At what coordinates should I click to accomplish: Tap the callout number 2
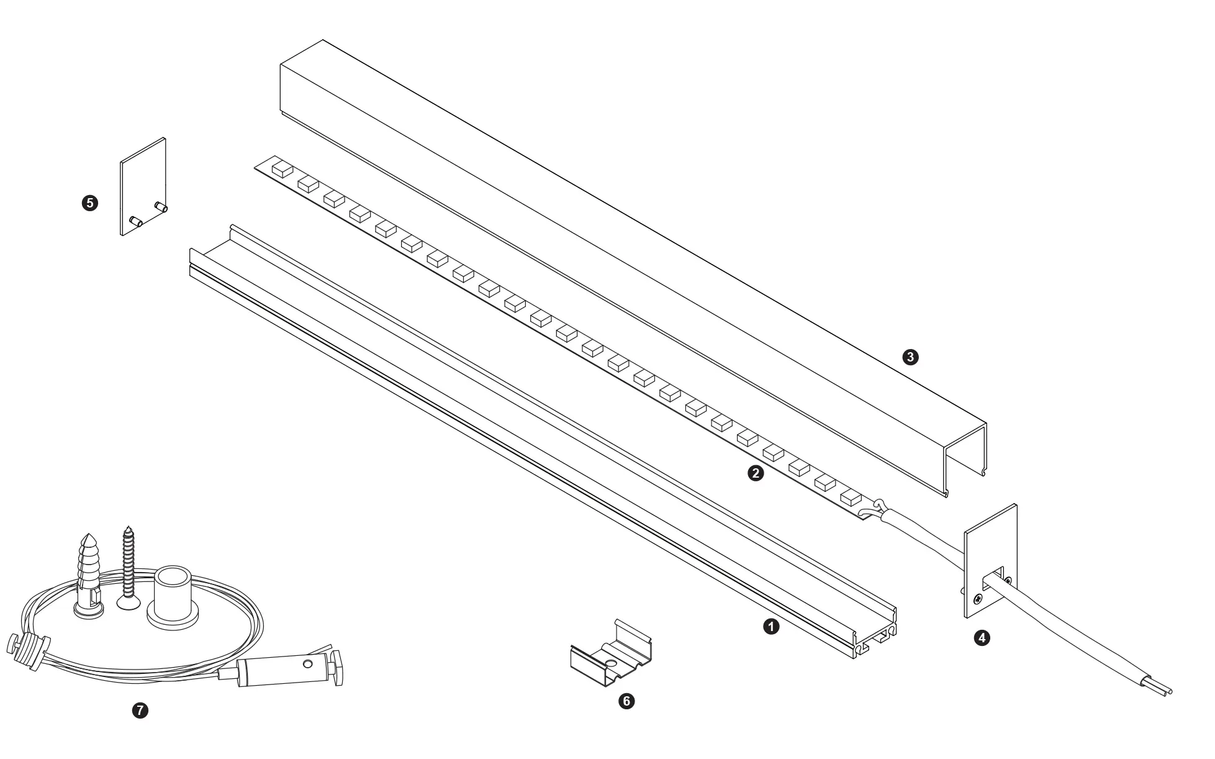tap(756, 473)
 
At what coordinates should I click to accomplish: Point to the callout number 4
tap(982, 637)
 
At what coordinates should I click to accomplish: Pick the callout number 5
tap(90, 202)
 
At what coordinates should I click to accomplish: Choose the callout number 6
tap(627, 701)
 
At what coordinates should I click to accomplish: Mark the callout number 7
tap(141, 711)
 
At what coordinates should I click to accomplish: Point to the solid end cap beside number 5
tap(143, 186)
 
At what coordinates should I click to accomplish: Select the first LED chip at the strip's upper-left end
tap(282, 170)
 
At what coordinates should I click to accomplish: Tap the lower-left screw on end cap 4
tap(978, 599)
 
